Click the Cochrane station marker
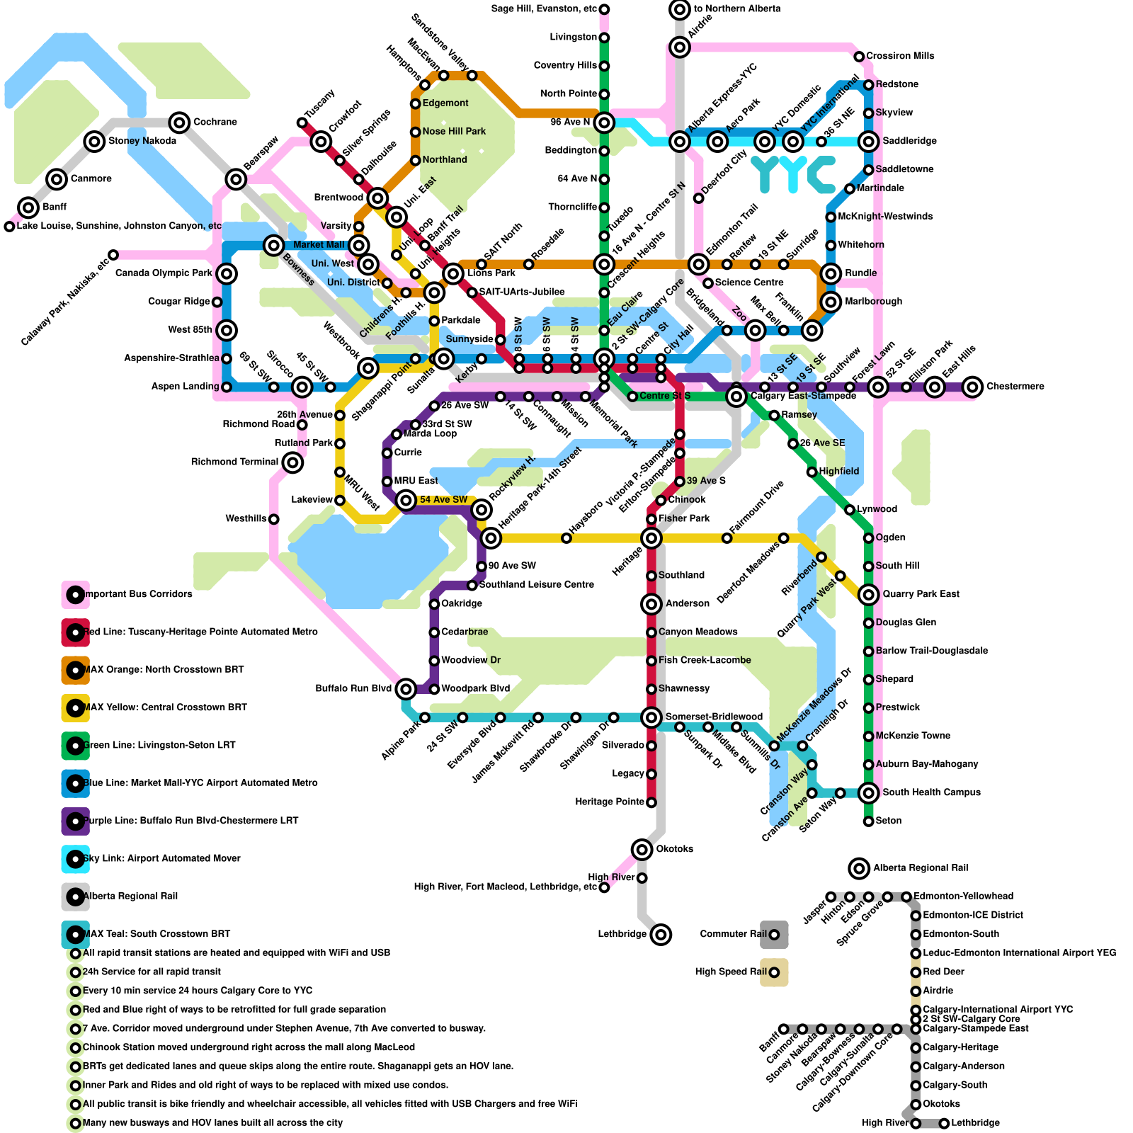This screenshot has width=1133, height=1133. point(180,123)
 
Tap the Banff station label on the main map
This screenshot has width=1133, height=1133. point(55,207)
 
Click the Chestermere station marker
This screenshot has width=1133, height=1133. point(973,387)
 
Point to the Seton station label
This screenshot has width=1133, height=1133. point(888,821)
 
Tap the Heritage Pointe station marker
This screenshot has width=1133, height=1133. point(651,802)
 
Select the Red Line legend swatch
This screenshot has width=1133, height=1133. point(75,632)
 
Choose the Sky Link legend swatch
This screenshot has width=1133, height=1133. point(75,859)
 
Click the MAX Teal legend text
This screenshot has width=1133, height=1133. point(156,934)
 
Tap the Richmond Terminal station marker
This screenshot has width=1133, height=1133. point(292,463)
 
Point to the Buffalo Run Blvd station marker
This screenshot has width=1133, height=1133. point(406,688)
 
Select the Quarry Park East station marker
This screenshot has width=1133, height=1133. point(869,595)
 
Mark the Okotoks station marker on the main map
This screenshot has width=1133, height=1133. point(642,849)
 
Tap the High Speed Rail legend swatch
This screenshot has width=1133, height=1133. point(774,972)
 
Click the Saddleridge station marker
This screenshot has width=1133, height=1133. point(869,142)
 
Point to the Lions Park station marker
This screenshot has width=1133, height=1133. point(453,273)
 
